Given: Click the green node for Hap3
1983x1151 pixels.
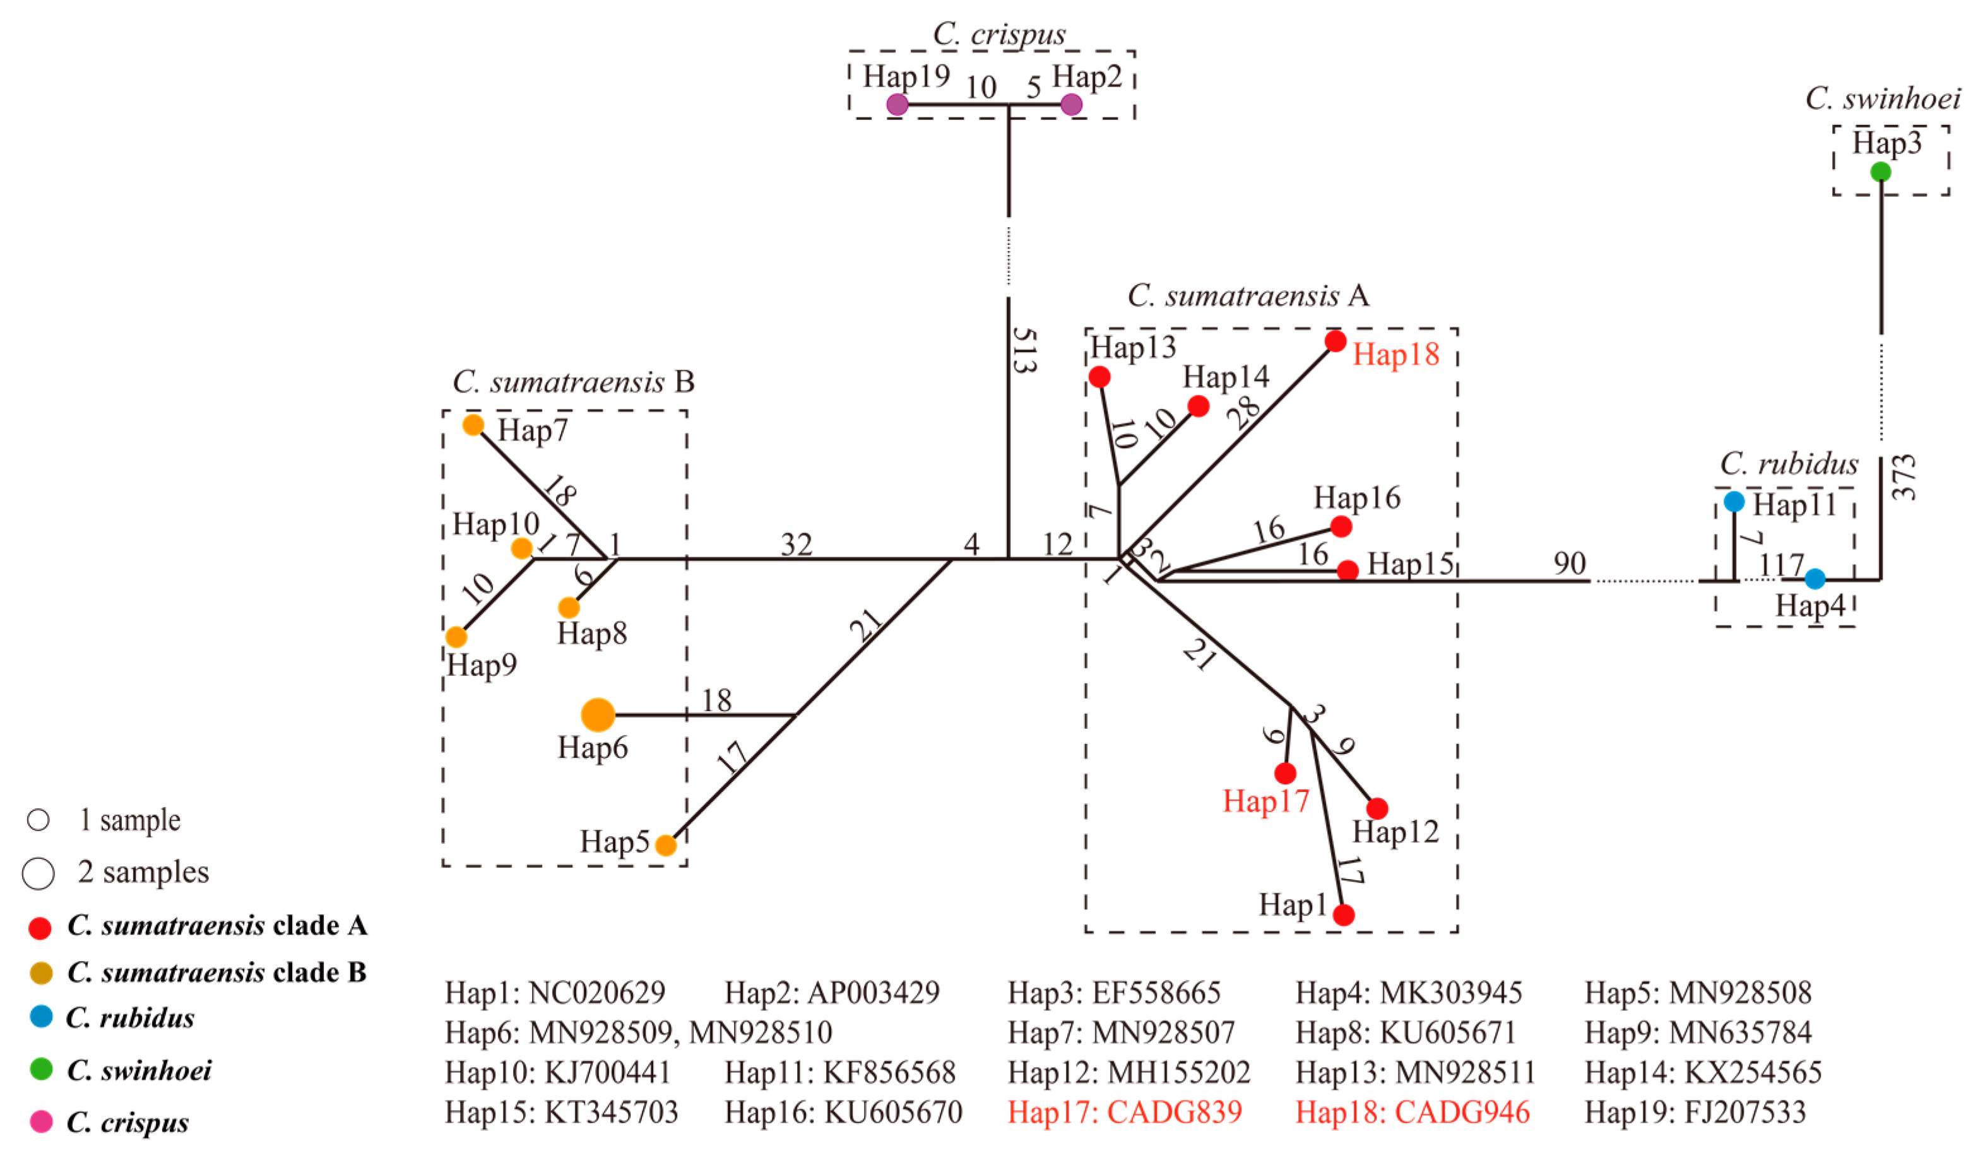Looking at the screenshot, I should (1880, 172).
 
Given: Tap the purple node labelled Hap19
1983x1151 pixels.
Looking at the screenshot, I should (897, 104).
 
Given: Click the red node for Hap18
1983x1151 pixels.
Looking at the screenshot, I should (1335, 341).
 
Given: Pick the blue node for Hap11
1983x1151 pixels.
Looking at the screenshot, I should (1734, 501).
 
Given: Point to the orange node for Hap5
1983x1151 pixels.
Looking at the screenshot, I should (666, 845).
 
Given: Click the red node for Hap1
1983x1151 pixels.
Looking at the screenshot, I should (1344, 914).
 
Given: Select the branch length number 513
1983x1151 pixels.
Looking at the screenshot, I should (1024, 350).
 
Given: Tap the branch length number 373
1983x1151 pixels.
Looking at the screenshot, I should (1903, 478).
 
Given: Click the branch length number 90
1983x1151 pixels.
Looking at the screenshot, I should (1569, 564).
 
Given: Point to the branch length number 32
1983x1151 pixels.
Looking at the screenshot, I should (796, 545).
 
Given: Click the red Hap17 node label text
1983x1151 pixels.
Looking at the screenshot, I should (1265, 801).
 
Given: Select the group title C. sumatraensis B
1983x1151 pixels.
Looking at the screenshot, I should (573, 382).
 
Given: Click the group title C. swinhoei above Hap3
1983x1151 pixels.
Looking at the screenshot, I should (1882, 99).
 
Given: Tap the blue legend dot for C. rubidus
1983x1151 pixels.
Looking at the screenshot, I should (41, 1017).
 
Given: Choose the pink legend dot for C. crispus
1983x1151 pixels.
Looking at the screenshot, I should (41, 1121).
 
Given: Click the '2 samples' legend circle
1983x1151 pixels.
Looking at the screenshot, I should (38, 873).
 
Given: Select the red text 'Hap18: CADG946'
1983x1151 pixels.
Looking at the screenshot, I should (1412, 1112).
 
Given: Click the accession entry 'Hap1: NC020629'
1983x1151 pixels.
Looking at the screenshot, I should (555, 992).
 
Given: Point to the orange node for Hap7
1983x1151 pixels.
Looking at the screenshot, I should (473, 425).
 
